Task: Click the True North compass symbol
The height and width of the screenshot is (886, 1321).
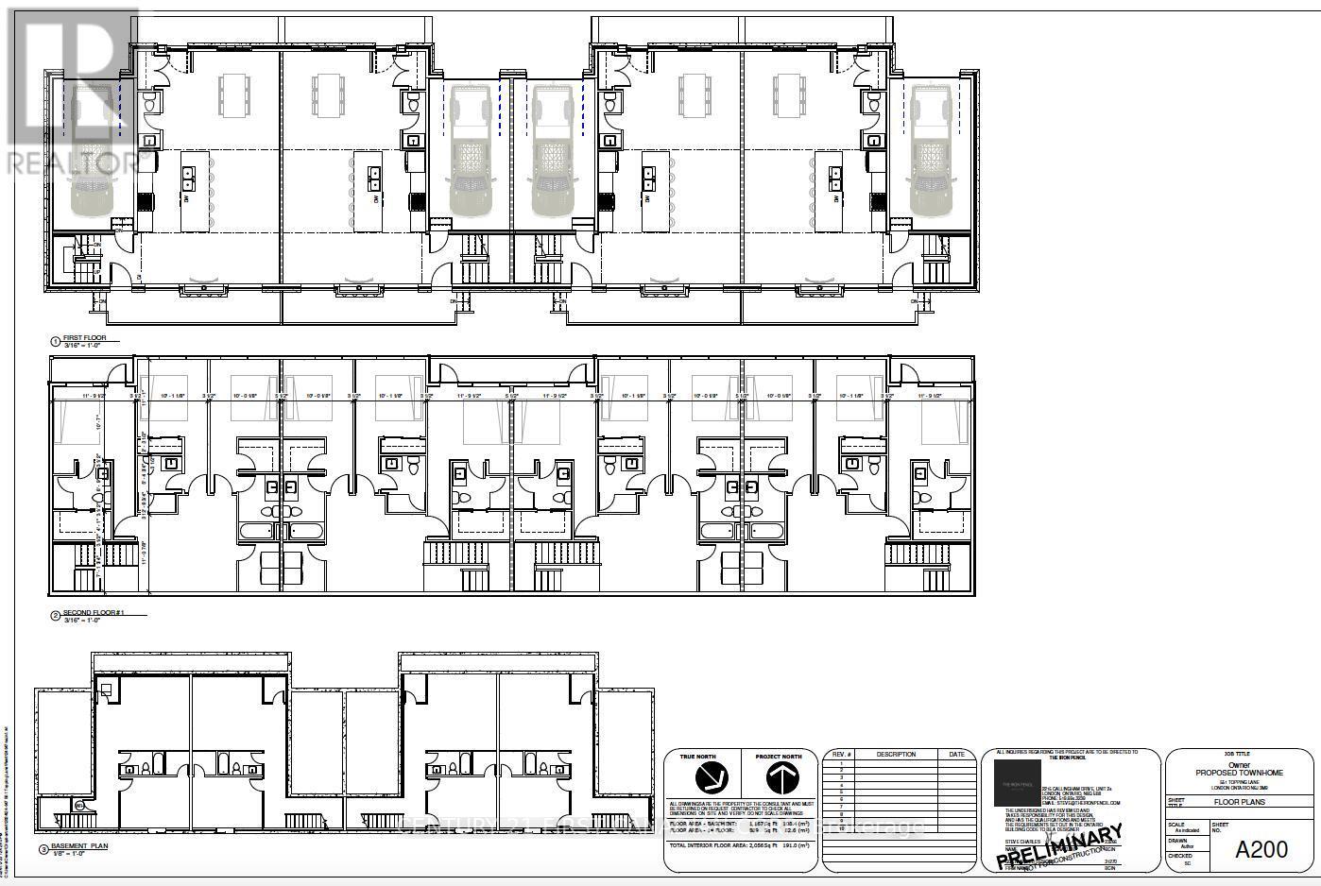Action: tap(712, 777)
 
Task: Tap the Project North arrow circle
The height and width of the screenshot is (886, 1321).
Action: tap(779, 777)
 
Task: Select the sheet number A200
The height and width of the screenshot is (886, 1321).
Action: tap(1261, 849)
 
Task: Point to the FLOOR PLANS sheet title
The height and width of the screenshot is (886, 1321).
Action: tap(1241, 802)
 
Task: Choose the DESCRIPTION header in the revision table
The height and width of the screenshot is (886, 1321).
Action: tap(896, 754)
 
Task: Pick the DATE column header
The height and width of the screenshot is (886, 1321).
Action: tap(957, 754)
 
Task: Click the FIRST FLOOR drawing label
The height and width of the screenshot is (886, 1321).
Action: tap(86, 337)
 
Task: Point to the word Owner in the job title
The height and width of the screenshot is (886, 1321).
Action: tap(1240, 764)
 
